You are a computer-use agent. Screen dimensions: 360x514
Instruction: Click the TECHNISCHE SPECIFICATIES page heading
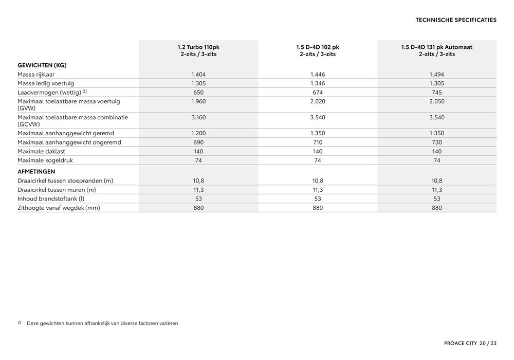point(455,20)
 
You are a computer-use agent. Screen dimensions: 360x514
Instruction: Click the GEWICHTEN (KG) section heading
point(42,65)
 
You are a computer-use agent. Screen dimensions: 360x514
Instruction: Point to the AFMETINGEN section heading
point(36,171)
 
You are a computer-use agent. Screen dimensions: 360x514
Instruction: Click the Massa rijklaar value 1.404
point(198,75)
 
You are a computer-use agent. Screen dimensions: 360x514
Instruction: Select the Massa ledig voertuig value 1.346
point(317,83)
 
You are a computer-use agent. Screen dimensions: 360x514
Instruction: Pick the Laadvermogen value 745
point(436,92)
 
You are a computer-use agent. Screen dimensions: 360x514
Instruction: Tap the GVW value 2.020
point(317,101)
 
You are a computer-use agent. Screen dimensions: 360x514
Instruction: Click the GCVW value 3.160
point(198,117)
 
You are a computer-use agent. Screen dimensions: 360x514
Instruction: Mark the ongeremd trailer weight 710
point(317,142)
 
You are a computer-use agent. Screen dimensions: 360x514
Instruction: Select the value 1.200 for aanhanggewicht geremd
point(198,133)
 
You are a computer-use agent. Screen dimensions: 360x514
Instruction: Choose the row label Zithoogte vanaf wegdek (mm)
point(59,208)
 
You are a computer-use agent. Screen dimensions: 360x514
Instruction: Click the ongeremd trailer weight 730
point(436,142)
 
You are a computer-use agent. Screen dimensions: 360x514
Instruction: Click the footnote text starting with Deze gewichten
point(103,323)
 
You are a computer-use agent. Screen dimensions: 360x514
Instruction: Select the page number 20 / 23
point(488,343)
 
